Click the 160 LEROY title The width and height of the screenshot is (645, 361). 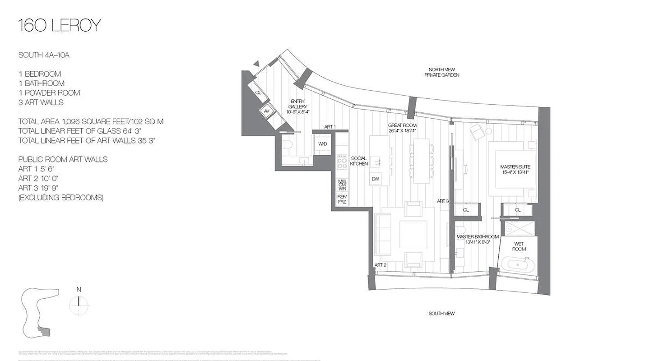[x=59, y=26]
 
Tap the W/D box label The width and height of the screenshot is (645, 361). [x=322, y=144]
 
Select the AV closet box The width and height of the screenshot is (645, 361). [x=267, y=111]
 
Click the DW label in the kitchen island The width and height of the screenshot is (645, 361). [x=375, y=179]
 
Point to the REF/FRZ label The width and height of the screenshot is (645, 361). [x=342, y=199]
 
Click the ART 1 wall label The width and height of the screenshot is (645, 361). [x=330, y=127]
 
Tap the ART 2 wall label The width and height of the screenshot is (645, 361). [x=380, y=265]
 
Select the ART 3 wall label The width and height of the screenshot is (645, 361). [x=442, y=201]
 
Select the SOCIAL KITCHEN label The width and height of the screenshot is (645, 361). [x=359, y=161]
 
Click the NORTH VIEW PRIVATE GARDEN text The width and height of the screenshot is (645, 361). [x=441, y=72]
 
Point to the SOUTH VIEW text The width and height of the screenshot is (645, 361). [x=441, y=313]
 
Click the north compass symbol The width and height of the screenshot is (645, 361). [x=79, y=304]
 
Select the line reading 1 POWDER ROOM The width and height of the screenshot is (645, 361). [x=49, y=93]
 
